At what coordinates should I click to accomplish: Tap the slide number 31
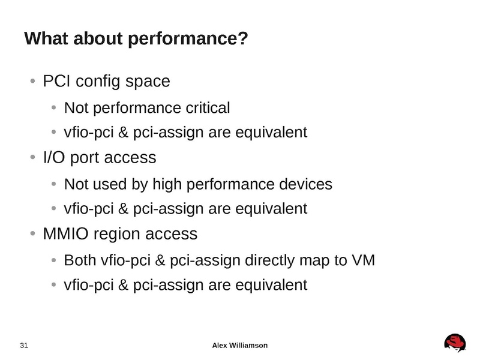pyautogui.click(x=25, y=345)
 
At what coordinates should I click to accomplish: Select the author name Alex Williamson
pyautogui.click(x=240, y=345)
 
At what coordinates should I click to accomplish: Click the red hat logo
pyautogui.click(x=455, y=344)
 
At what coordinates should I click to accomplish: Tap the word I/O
pyautogui.click(x=56, y=158)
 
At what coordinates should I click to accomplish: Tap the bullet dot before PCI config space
pyautogui.click(x=32, y=82)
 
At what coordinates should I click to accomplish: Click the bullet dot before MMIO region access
pyautogui.click(x=32, y=233)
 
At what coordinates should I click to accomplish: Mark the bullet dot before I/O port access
pyautogui.click(x=32, y=158)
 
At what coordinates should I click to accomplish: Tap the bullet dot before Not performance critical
pyautogui.click(x=53, y=109)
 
